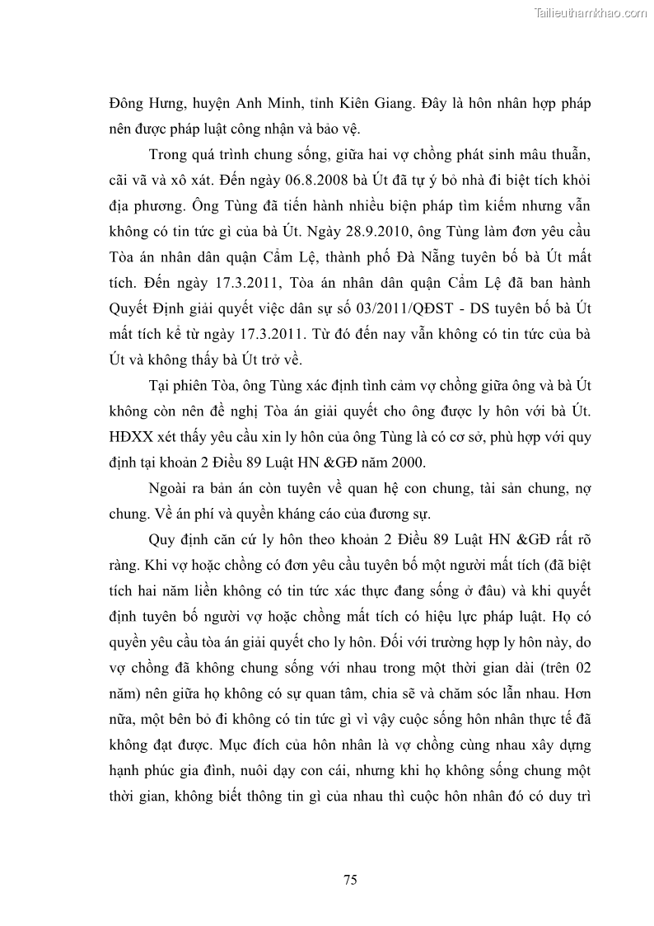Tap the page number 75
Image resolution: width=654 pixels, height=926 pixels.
(x=350, y=880)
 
